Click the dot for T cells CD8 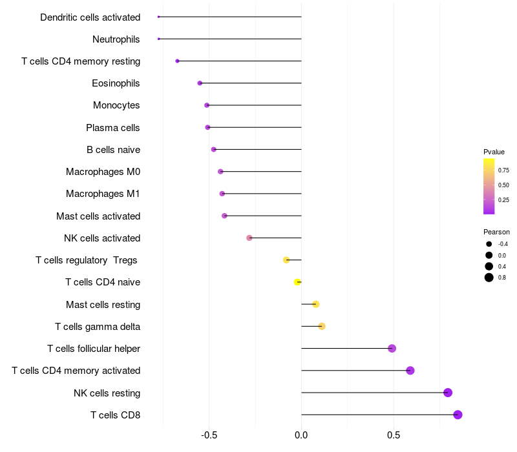pyautogui.click(x=458, y=415)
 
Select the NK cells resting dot pyautogui.click(x=447, y=393)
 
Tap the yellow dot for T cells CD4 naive pyautogui.click(x=297, y=282)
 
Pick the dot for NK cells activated pyautogui.click(x=249, y=238)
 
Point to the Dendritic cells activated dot pyautogui.click(x=158, y=17)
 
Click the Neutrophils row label pyautogui.click(x=116, y=39)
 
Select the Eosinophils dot pyautogui.click(x=200, y=83)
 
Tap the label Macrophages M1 pyautogui.click(x=103, y=194)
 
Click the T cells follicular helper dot pyautogui.click(x=392, y=348)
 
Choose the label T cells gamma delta pyautogui.click(x=98, y=327)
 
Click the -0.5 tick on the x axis pyautogui.click(x=209, y=435)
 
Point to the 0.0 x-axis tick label pyautogui.click(x=301, y=435)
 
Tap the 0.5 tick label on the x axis pyautogui.click(x=394, y=435)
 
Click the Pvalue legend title pyautogui.click(x=494, y=152)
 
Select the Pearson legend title pyautogui.click(x=496, y=232)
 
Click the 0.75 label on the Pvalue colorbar pyautogui.click(x=503, y=170)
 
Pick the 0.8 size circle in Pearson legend pyautogui.click(x=489, y=278)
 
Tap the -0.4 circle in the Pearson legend pyautogui.click(x=489, y=244)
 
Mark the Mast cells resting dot pyautogui.click(x=315, y=304)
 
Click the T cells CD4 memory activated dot pyautogui.click(x=410, y=371)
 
